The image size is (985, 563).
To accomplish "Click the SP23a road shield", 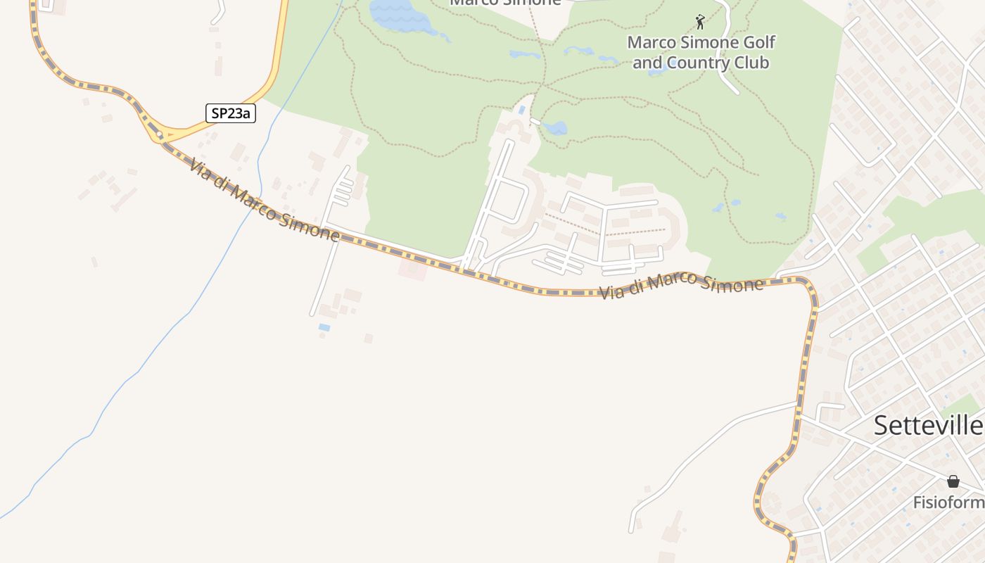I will tap(230, 113).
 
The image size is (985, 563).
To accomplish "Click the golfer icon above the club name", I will tap(699, 21).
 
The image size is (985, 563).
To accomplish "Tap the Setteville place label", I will tap(928, 425).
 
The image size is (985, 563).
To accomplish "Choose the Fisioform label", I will tap(948, 502).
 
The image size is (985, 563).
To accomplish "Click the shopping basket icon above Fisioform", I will tap(953, 482).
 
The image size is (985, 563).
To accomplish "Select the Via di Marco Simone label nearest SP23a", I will tap(263, 201).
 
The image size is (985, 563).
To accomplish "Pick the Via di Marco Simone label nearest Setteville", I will tap(681, 286).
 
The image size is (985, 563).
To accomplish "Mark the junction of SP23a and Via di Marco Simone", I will tap(160, 135).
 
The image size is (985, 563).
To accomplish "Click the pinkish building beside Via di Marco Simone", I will tap(412, 268).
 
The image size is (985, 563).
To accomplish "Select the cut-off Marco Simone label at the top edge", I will tap(505, 3).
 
